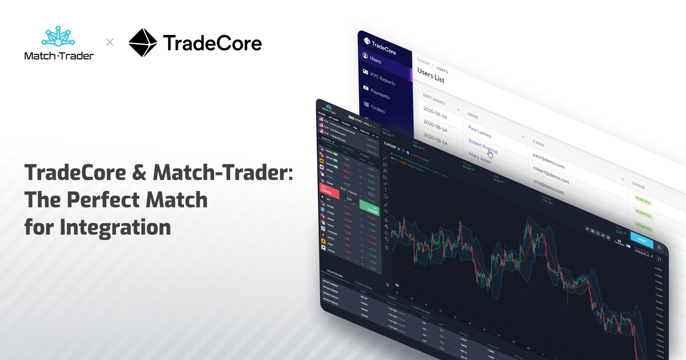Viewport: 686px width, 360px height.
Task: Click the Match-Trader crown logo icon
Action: [x=58, y=36]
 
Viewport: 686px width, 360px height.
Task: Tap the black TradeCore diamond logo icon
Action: [x=143, y=43]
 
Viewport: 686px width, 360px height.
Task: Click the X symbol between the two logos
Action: [x=110, y=42]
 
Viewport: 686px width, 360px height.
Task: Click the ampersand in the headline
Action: [x=139, y=172]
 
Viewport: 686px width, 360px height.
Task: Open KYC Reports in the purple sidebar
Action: [x=382, y=79]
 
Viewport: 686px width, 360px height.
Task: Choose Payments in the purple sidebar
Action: [x=380, y=94]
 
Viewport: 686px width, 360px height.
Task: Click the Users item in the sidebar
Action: [x=376, y=60]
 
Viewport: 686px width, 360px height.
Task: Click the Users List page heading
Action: [x=431, y=75]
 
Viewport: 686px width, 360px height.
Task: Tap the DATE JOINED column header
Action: [x=434, y=99]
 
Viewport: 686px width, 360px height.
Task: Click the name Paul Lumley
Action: [x=479, y=131]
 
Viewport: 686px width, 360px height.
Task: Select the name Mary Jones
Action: [x=479, y=157]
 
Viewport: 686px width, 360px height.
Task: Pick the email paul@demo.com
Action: [x=548, y=161]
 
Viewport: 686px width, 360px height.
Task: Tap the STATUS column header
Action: [x=638, y=186]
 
